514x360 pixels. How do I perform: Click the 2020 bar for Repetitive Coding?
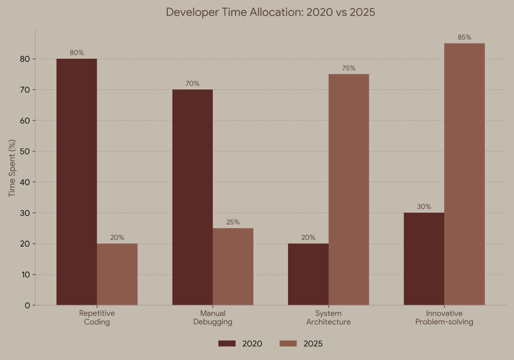[76, 182]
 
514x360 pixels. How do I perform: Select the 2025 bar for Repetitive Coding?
[117, 274]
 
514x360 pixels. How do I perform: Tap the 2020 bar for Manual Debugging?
[192, 197]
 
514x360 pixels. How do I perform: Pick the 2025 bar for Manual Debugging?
[233, 267]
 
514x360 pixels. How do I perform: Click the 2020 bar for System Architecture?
[308, 274]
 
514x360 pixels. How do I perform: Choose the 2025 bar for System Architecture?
[349, 189]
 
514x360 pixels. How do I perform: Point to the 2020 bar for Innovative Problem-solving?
[424, 259]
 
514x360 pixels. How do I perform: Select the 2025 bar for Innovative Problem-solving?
[465, 174]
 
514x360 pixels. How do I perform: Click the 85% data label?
[465, 37]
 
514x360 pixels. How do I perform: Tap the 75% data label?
[349, 68]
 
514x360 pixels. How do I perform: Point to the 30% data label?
[424, 206]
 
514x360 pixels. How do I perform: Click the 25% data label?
[233, 222]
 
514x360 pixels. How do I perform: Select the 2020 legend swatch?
[227, 343]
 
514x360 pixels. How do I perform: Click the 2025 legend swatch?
[288, 343]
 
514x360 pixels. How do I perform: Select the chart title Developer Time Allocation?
[271, 12]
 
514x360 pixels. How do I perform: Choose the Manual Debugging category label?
[213, 317]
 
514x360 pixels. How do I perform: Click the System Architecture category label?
[328, 317]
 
